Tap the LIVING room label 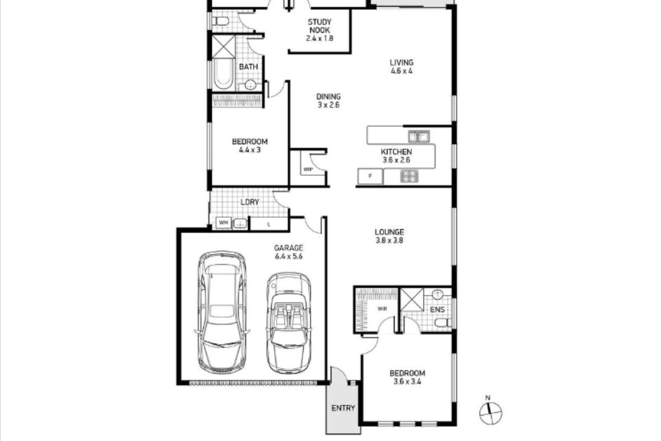[x=402, y=66]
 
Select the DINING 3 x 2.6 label [x=328, y=100]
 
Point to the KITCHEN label [x=396, y=156]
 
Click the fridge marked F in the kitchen [x=370, y=176]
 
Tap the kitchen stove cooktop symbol [x=409, y=176]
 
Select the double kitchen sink [x=418, y=135]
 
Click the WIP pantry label [x=307, y=170]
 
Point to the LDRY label [x=250, y=202]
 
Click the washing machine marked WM [x=223, y=223]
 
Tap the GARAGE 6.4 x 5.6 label [x=289, y=252]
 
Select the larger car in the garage [x=221, y=311]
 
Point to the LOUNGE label [x=389, y=236]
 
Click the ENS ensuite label [x=437, y=309]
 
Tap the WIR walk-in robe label [x=382, y=309]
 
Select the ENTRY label [x=343, y=408]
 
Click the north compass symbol [x=490, y=411]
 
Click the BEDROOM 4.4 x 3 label [x=250, y=145]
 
